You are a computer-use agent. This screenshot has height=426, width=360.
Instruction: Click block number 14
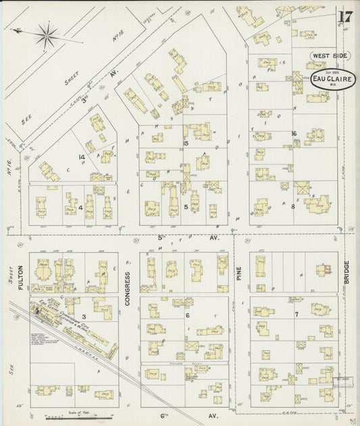click(82, 157)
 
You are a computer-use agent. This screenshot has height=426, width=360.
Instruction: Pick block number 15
click(184, 143)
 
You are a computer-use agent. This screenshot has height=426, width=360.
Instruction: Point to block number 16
click(294, 134)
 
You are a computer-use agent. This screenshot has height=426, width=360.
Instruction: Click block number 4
click(80, 208)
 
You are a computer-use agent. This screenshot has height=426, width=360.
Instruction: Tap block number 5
click(186, 207)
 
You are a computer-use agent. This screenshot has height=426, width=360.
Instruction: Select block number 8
click(292, 207)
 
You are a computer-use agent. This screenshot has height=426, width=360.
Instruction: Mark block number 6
click(187, 315)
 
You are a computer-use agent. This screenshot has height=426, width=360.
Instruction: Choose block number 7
click(296, 315)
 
